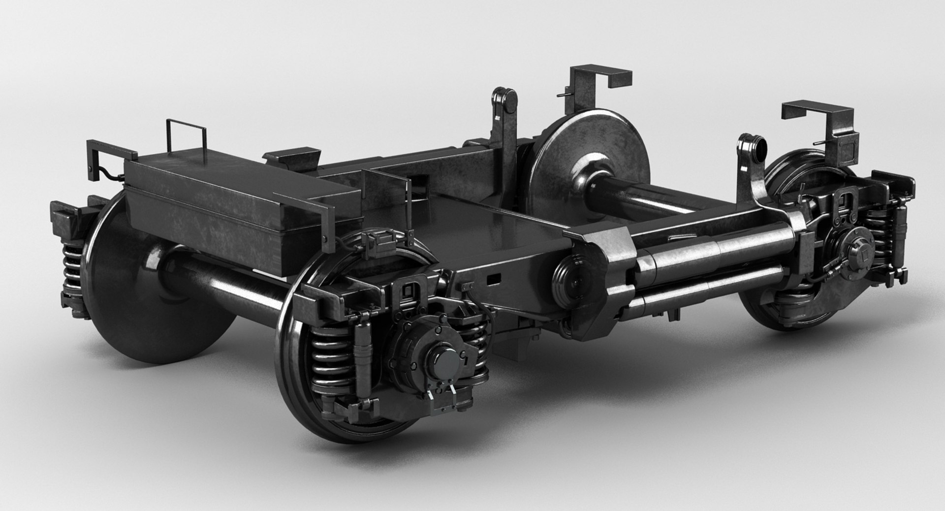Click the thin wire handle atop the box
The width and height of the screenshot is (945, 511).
186,132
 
